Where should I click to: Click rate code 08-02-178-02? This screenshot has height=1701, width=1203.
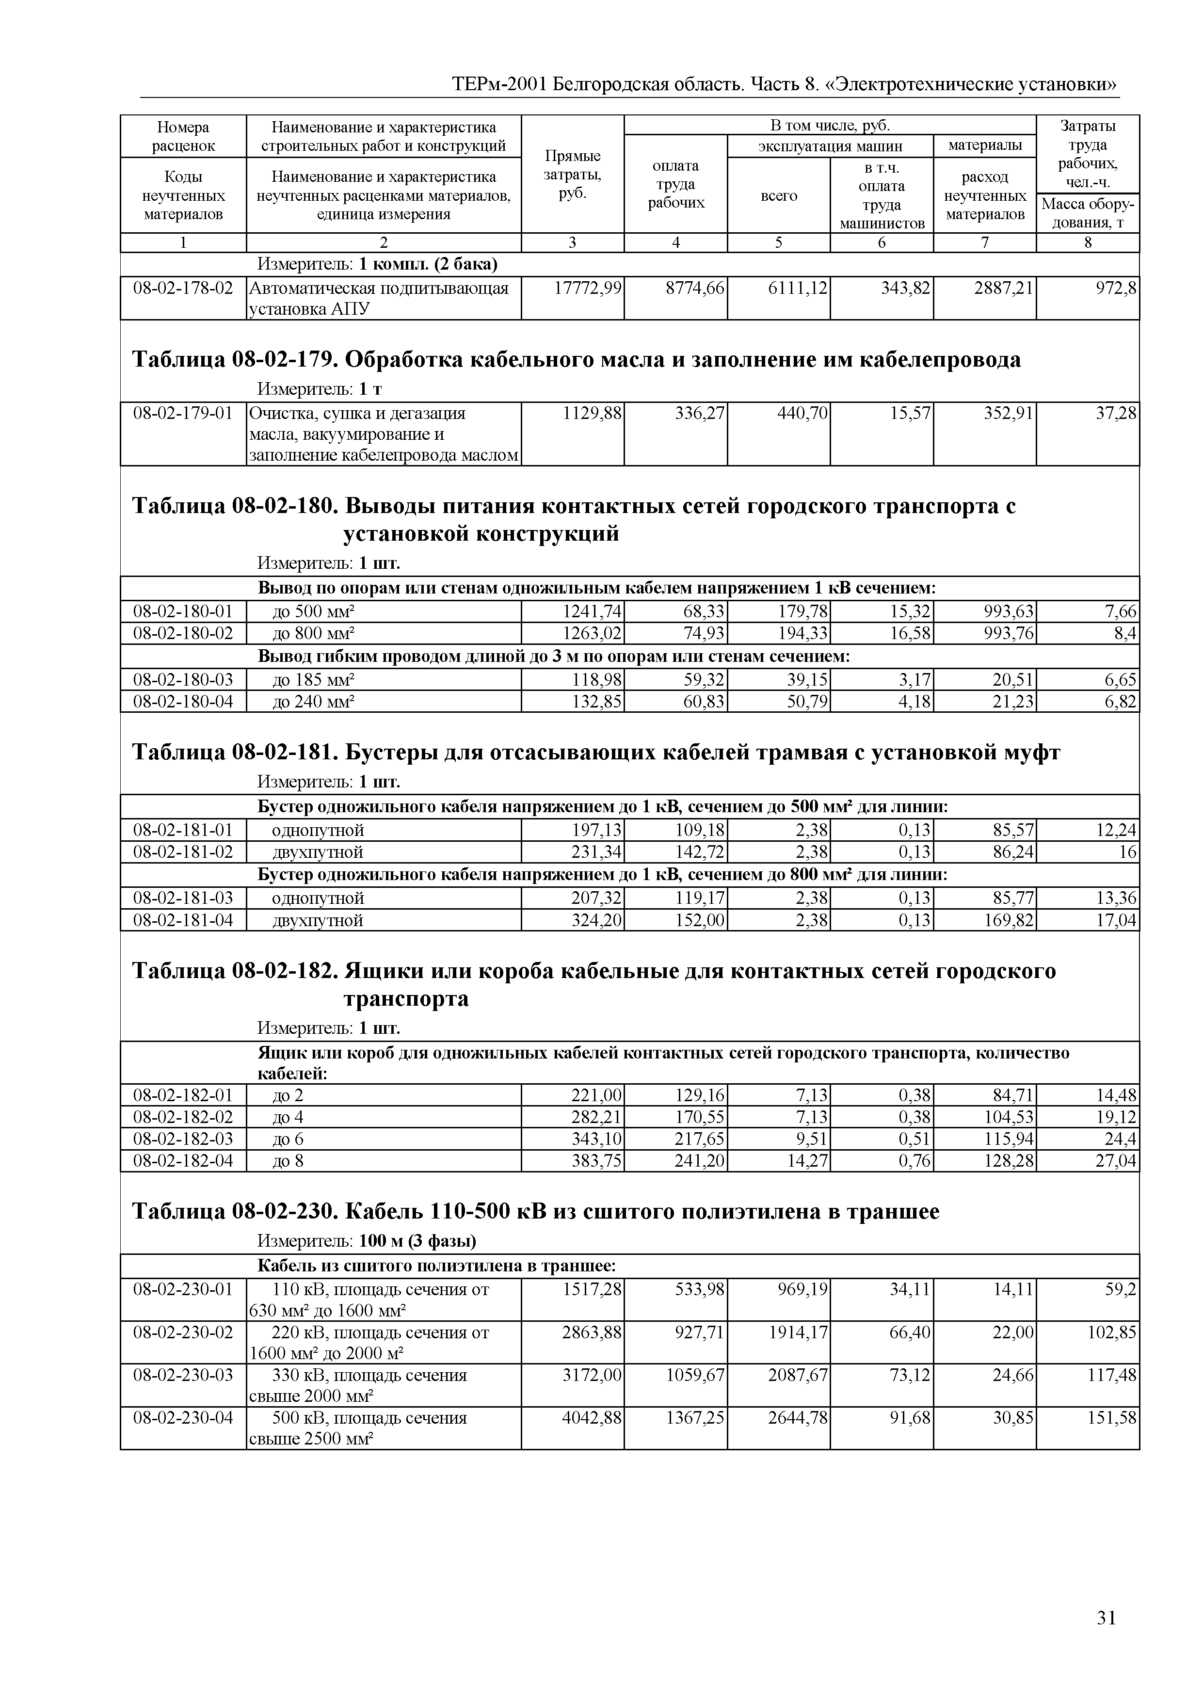183,288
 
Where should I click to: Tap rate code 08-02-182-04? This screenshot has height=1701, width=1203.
183,1161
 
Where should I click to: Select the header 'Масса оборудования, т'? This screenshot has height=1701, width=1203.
1088,213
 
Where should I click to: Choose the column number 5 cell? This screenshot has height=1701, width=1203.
779,243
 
